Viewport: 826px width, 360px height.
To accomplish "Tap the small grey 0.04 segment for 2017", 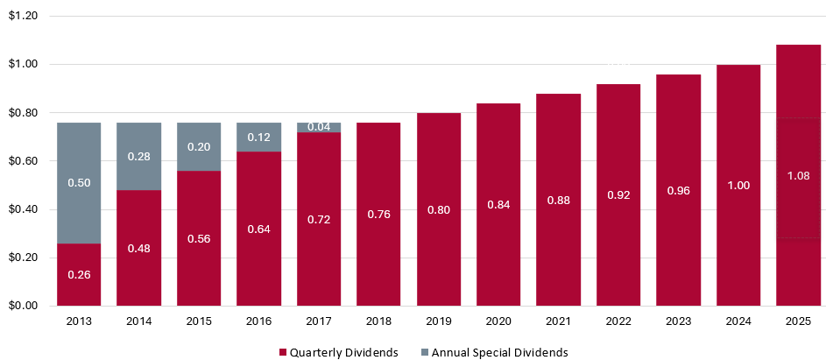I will pyautogui.click(x=318, y=128).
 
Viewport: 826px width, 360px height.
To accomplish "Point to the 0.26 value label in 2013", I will pyautogui.click(x=78, y=274).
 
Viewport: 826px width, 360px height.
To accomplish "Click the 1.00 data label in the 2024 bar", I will pyautogui.click(x=738, y=186).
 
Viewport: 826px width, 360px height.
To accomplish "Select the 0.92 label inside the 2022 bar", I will pyautogui.click(x=618, y=194).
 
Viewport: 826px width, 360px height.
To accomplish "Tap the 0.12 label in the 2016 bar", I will pyautogui.click(x=258, y=138).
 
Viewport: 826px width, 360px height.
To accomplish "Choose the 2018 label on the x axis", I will pyautogui.click(x=378, y=321).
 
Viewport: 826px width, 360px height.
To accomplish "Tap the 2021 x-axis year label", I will pyautogui.click(x=558, y=321).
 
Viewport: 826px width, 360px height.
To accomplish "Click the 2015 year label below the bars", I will pyautogui.click(x=198, y=321).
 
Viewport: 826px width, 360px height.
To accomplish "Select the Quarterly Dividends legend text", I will pyautogui.click(x=343, y=352).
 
